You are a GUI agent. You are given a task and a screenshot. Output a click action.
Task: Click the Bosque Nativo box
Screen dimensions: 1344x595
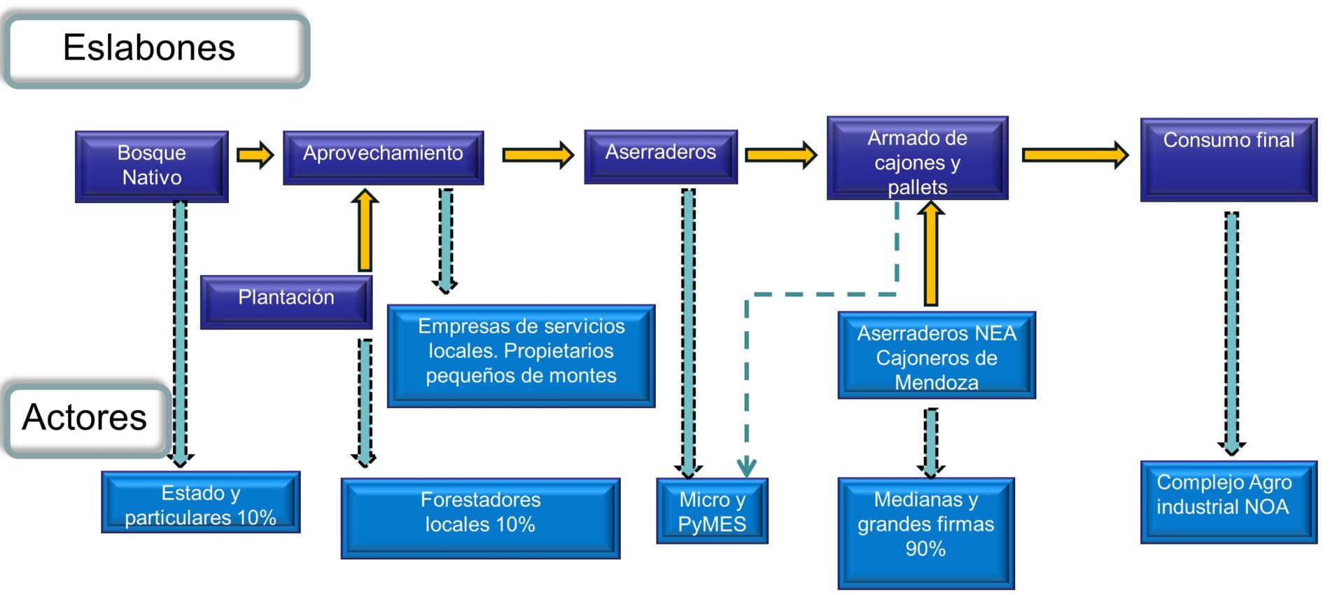pyautogui.click(x=152, y=167)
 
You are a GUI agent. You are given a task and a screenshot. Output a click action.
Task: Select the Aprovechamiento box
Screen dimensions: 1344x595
pyautogui.click(x=383, y=157)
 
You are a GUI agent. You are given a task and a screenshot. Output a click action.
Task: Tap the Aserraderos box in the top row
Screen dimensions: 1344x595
pyautogui.click(x=661, y=157)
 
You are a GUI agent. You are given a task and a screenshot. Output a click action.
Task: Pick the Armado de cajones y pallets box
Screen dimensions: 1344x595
pyautogui.click(x=917, y=158)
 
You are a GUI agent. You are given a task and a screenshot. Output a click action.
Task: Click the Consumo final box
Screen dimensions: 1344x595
pyautogui.click(x=1228, y=160)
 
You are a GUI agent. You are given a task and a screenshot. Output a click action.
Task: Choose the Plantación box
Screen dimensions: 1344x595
pyautogui.click(x=286, y=302)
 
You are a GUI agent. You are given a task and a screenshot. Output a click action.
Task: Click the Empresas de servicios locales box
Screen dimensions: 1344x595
pyautogui.click(x=521, y=356)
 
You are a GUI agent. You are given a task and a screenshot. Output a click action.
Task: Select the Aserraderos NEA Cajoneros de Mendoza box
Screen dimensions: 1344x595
pyautogui.click(x=937, y=356)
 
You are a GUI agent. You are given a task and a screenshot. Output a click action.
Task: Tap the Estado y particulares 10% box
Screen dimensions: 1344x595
pyautogui.click(x=201, y=502)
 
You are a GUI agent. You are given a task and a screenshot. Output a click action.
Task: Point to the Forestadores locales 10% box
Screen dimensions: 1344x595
pyautogui.click(x=480, y=518)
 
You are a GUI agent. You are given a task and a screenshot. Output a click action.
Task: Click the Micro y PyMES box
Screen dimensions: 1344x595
pyautogui.click(x=712, y=511)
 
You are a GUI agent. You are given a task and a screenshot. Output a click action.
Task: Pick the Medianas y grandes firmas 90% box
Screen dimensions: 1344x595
pyautogui.click(x=926, y=533)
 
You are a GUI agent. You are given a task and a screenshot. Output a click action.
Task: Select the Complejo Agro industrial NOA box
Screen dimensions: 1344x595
pyautogui.click(x=1228, y=502)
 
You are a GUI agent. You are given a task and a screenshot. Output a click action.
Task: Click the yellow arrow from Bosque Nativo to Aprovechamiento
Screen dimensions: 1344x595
pyautogui.click(x=255, y=155)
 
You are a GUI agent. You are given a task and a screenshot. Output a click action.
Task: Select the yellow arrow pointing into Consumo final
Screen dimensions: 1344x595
pyautogui.click(x=1075, y=155)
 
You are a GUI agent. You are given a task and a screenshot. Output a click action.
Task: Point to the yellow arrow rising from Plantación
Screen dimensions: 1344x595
pyautogui.click(x=365, y=230)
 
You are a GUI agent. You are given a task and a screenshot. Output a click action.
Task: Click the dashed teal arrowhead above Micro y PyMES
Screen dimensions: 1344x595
pyautogui.click(x=747, y=467)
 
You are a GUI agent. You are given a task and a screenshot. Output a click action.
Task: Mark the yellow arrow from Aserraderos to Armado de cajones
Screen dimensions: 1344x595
pyautogui.click(x=780, y=155)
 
